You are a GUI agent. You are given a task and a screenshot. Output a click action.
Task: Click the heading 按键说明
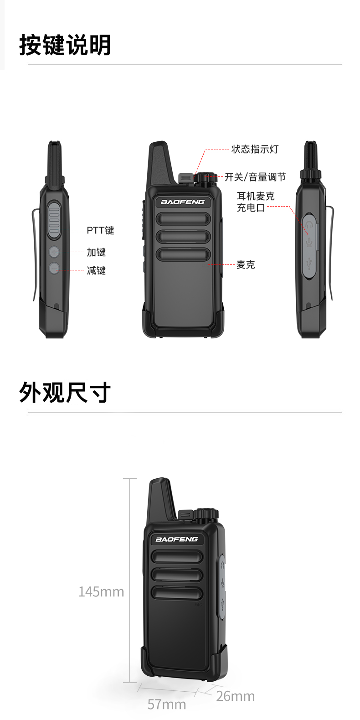(x=65, y=45)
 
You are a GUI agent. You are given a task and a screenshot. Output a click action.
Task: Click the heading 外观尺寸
(x=65, y=392)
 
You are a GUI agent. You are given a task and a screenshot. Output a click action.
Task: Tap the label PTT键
(x=100, y=230)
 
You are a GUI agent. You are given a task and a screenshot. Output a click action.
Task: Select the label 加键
(x=96, y=252)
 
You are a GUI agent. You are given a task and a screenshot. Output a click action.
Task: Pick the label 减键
(x=96, y=270)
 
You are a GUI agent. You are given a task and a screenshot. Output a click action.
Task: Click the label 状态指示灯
(x=255, y=149)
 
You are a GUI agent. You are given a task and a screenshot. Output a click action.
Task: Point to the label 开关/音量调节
(x=255, y=177)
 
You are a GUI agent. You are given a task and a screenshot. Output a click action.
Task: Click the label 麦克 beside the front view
(x=246, y=264)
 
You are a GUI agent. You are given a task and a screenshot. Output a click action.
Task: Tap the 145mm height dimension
(x=101, y=592)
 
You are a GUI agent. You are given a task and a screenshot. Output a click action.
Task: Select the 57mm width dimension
(x=167, y=704)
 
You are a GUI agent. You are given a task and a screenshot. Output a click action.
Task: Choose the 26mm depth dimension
(x=236, y=696)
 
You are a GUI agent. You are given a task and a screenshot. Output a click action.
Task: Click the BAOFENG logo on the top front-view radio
(x=182, y=202)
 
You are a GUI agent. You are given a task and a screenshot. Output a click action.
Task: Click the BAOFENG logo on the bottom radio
(x=177, y=539)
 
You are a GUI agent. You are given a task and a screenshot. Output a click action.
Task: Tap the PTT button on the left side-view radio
(x=54, y=220)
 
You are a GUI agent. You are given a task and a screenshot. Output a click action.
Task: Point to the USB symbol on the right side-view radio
(x=309, y=264)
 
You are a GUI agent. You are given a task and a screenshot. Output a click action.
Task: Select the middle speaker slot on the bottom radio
(x=177, y=575)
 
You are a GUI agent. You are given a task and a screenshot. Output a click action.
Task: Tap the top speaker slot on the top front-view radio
(x=183, y=219)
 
